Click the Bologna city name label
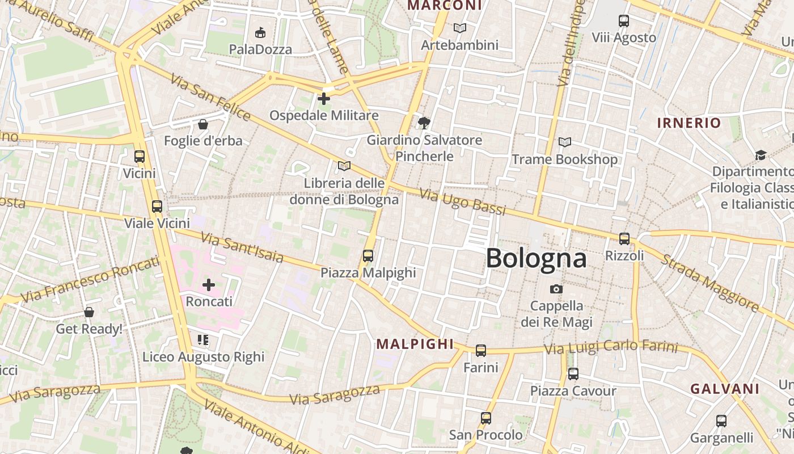[x=536, y=258]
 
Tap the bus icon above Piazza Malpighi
[x=368, y=256]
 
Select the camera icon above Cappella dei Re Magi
[x=556, y=289]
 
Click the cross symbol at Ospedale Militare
[x=324, y=99]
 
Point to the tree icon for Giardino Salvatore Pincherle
[x=424, y=123]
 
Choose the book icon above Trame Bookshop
[x=565, y=142]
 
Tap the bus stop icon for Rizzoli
[x=624, y=239]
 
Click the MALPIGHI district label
[x=415, y=344]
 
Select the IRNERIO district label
[x=689, y=123]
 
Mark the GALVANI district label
[x=724, y=389]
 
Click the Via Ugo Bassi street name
[x=463, y=201]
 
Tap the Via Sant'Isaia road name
[x=242, y=247]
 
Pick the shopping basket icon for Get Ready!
[x=89, y=312]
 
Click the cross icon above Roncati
[x=209, y=284]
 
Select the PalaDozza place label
[x=260, y=49]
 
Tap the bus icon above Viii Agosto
[x=624, y=21]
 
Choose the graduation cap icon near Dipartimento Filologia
[x=761, y=155]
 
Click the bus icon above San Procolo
[x=486, y=418]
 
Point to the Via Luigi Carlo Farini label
[x=611, y=347]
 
